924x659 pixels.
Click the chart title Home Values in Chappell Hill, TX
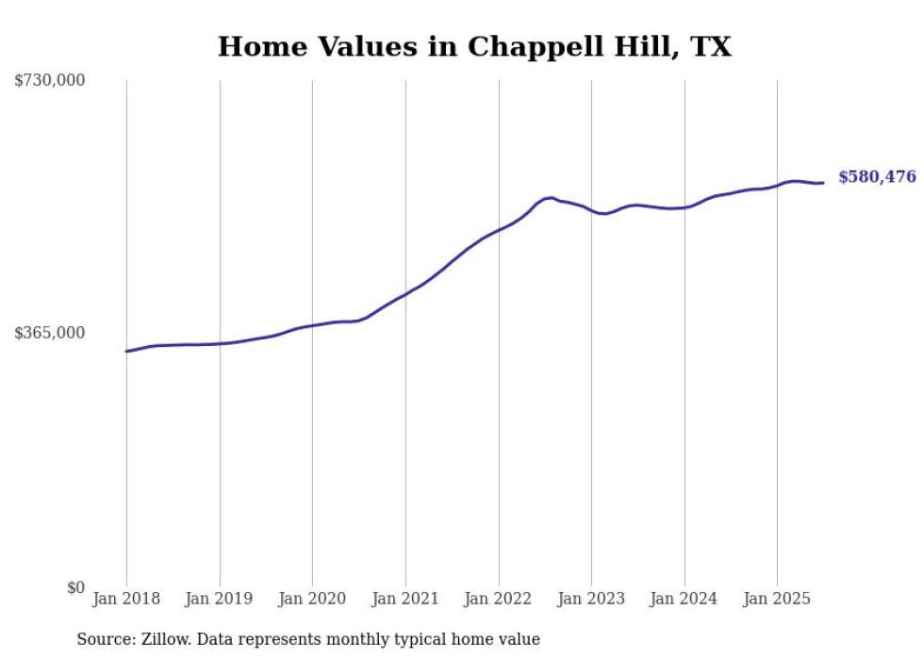[474, 46]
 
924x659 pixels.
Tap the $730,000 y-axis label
[50, 81]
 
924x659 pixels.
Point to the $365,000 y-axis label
[50, 333]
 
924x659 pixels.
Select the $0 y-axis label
[75, 587]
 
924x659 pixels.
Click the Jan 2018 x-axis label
[126, 599]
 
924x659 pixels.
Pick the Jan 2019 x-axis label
[220, 599]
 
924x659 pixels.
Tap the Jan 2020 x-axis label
[312, 599]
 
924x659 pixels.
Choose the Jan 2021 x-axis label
[405, 599]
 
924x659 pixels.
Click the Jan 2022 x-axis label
[499, 599]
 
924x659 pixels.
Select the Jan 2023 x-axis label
[591, 599]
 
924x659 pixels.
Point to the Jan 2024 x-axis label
[685, 599]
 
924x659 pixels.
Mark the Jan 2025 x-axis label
[777, 599]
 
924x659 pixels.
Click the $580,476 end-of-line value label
[877, 177]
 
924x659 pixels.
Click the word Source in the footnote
[104, 639]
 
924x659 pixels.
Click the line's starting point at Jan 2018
[126, 351]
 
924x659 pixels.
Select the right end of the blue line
[823, 183]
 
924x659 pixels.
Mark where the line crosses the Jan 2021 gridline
[405, 293]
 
